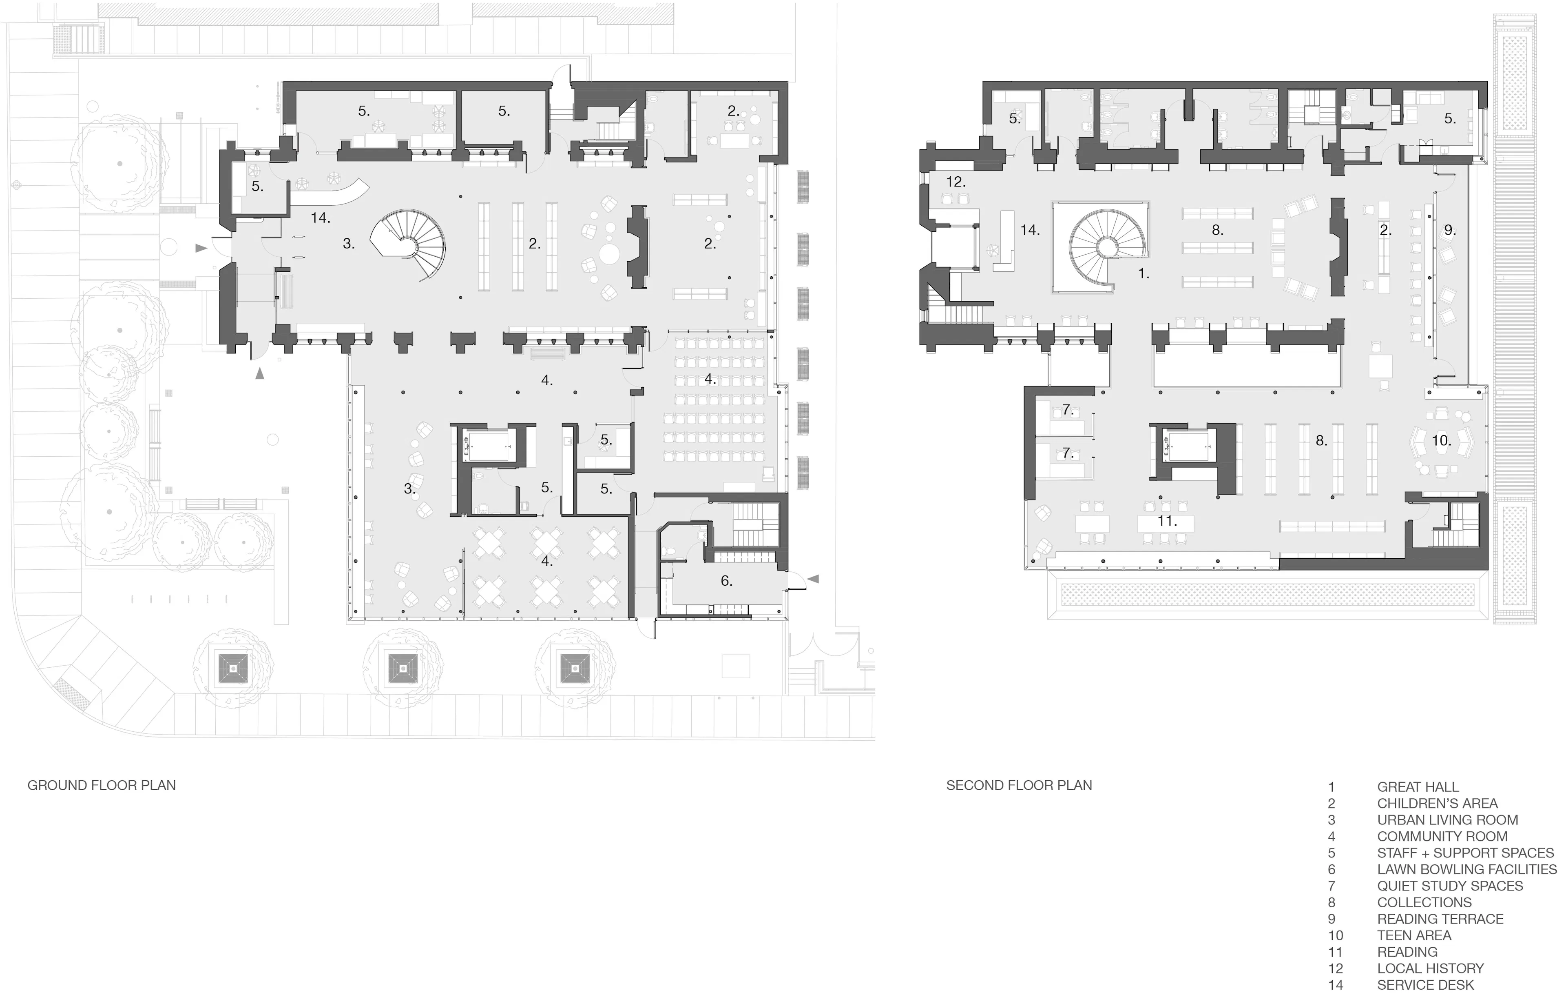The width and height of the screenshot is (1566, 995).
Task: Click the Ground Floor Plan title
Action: pyautogui.click(x=102, y=786)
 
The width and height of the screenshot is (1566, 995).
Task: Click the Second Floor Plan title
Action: pyautogui.click(x=1018, y=786)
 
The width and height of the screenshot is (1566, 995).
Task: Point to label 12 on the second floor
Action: pyautogui.click(x=956, y=182)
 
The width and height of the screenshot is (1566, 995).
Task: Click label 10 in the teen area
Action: pyautogui.click(x=1441, y=440)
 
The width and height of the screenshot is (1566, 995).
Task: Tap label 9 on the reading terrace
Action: pyautogui.click(x=1450, y=230)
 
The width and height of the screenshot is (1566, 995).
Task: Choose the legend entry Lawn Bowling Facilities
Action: pyautogui.click(x=1466, y=869)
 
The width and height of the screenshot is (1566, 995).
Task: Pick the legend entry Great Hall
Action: pyautogui.click(x=1418, y=787)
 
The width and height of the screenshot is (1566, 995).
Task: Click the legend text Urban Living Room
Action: pyautogui.click(x=1447, y=820)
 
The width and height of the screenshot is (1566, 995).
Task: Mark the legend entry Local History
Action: pyautogui.click(x=1430, y=968)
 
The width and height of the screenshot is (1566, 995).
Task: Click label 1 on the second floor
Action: pyautogui.click(x=1143, y=274)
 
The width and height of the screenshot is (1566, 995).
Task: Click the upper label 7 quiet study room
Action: pyautogui.click(x=1067, y=410)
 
